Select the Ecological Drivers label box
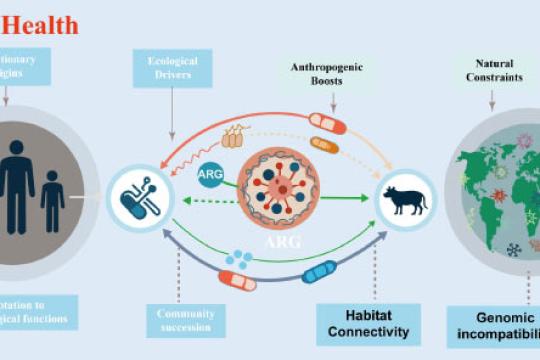pyautogui.click(x=172, y=69)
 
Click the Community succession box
pyautogui.click(x=184, y=318)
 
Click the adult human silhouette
pyautogui.click(x=18, y=184)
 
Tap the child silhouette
pyautogui.click(x=52, y=201)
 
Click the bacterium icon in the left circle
pyautogui.click(x=137, y=193)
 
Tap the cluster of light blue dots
pyautogui.click(x=239, y=259)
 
